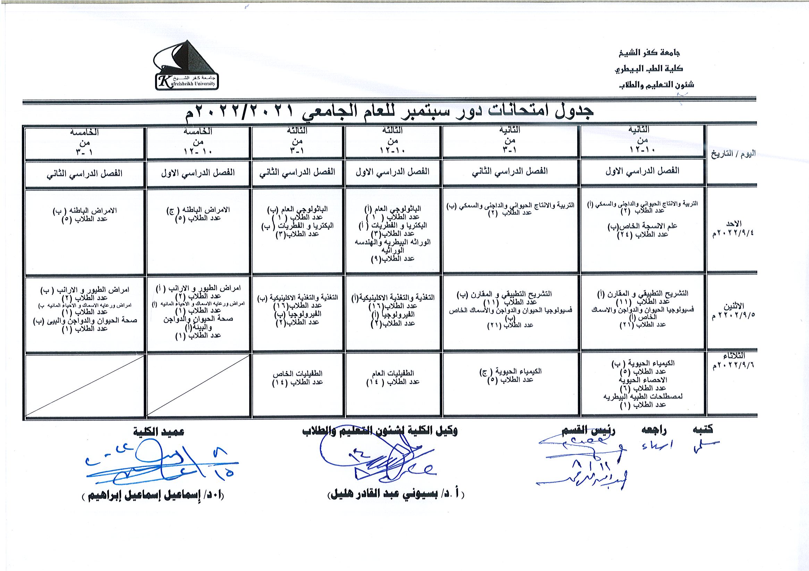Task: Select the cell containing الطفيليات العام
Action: point(393,377)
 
